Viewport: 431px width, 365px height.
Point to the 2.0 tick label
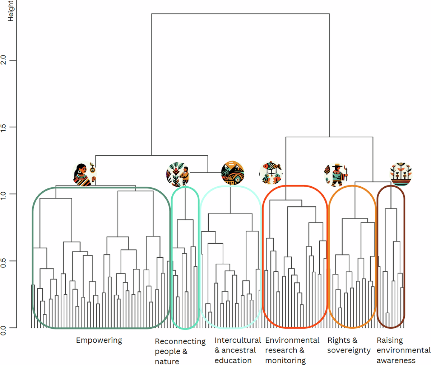point(4,60)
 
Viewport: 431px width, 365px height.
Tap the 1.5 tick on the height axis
point(4,127)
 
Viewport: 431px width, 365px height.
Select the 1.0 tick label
point(4,194)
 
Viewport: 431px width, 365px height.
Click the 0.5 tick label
point(4,261)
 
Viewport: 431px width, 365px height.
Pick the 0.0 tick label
point(4,328)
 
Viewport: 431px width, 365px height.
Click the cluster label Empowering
point(99,340)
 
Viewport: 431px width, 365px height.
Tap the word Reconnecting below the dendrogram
point(180,341)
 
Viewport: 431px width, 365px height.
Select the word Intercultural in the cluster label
point(237,340)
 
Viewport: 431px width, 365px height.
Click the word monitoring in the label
point(285,360)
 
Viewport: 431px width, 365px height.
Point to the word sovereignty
point(348,350)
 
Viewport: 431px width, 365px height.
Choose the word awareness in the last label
point(396,360)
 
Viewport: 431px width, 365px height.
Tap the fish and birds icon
point(271,173)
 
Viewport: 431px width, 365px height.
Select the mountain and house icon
point(233,173)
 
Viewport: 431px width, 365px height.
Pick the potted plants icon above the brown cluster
point(400,174)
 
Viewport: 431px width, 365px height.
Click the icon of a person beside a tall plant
point(178,175)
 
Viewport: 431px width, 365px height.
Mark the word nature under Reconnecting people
point(167,361)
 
